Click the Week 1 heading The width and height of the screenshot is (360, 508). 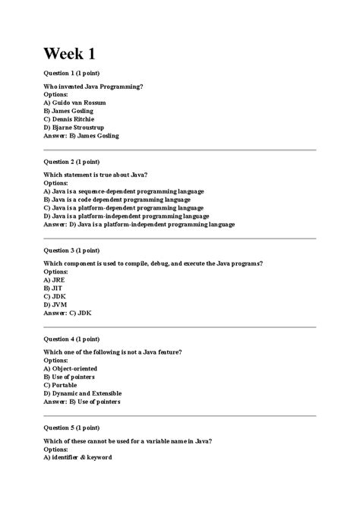pyautogui.click(x=69, y=54)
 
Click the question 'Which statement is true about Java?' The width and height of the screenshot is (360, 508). pyautogui.click(x=96, y=175)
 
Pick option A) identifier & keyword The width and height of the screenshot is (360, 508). pyautogui.click(x=77, y=457)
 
